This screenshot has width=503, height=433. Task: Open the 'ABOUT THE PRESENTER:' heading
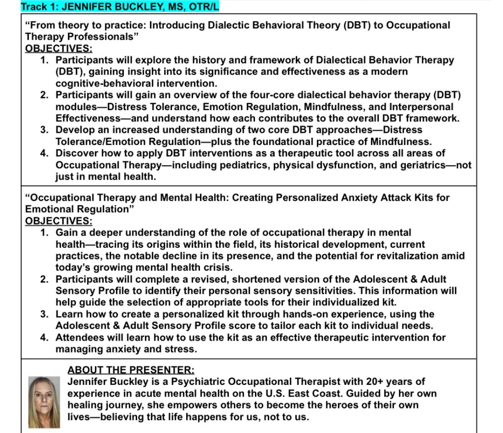coord(131,370)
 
